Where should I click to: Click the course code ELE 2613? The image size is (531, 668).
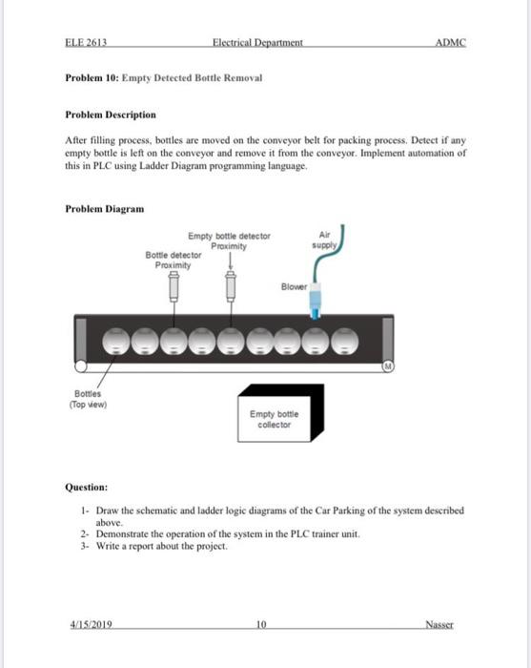tap(86, 42)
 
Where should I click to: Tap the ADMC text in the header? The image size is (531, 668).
tap(451, 42)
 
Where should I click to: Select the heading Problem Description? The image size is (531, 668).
tap(111, 115)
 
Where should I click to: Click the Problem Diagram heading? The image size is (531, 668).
tap(105, 209)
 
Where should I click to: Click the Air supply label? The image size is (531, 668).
tap(324, 240)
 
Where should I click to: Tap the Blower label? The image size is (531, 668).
tap(294, 286)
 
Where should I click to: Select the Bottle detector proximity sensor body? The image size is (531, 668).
tap(174, 286)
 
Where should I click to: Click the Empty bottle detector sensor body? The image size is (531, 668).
tap(231, 286)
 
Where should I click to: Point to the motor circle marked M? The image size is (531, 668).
tap(388, 365)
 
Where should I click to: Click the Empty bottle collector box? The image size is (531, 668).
tap(281, 413)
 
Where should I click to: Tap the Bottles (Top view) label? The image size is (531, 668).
tap(88, 399)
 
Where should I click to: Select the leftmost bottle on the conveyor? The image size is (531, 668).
tap(116, 342)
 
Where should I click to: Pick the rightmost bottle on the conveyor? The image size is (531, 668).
tap(345, 342)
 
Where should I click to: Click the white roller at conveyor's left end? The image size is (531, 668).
tap(80, 365)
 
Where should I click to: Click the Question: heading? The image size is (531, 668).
tap(87, 487)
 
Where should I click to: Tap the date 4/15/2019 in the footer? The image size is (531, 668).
tap(92, 624)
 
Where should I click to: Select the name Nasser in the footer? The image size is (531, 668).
tap(439, 624)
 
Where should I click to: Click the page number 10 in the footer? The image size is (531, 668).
tap(261, 624)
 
